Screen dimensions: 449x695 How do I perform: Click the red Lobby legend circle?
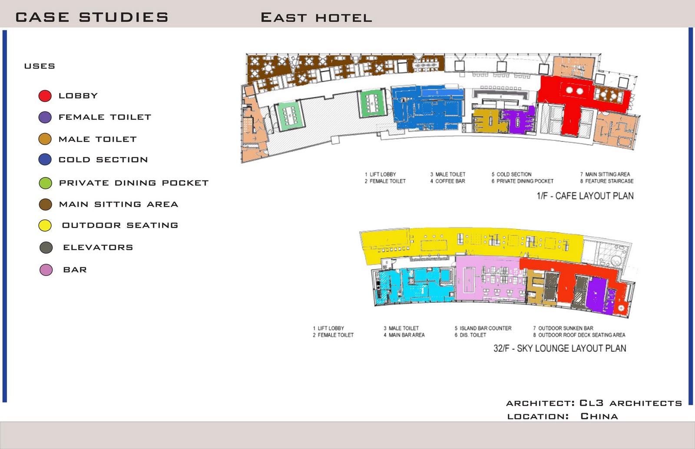(45, 96)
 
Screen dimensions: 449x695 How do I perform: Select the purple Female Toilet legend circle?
(45, 117)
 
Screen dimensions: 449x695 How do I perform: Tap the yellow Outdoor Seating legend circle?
(45, 226)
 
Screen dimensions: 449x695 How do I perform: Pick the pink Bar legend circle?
(46, 270)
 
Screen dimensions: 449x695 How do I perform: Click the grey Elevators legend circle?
(46, 248)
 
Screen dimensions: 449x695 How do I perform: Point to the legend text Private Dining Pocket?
(134, 183)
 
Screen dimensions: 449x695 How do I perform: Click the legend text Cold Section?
(103, 160)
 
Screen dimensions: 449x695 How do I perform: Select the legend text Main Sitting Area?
(119, 204)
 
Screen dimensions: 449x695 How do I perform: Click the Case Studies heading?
(92, 17)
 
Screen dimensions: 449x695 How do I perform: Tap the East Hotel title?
(316, 18)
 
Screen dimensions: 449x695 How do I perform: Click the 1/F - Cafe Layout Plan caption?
(585, 196)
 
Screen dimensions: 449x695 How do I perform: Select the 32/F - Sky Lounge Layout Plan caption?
(560, 348)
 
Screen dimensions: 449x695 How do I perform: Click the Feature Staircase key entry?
(609, 181)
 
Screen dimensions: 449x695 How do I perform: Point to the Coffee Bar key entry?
(450, 181)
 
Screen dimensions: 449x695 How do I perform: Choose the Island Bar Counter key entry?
(486, 328)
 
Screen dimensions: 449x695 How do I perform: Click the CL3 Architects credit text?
(631, 403)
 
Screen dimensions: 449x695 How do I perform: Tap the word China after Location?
(599, 416)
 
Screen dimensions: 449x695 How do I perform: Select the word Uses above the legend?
(40, 66)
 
